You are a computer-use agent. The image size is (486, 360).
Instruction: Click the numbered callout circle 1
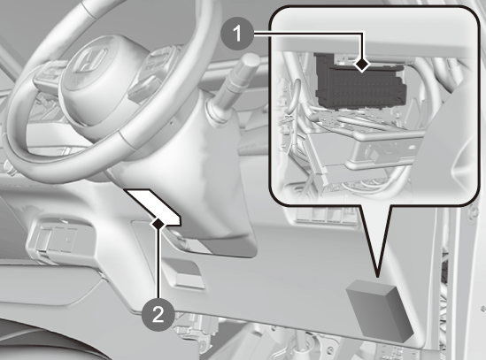point(237,34)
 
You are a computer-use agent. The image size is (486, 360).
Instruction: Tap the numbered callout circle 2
point(158,315)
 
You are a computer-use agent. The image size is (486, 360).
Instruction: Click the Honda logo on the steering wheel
point(90,59)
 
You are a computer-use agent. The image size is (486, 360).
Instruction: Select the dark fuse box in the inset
point(360,83)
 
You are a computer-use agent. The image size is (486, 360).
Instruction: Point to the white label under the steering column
point(152,206)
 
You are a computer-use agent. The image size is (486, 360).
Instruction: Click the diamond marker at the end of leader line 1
point(362,65)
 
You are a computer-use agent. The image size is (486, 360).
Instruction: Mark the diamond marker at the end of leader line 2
point(158,224)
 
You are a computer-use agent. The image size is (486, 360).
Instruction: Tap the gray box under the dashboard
point(380,310)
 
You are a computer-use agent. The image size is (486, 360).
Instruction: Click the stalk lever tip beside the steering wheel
point(250,61)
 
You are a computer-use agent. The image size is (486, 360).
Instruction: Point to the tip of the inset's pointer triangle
point(377,276)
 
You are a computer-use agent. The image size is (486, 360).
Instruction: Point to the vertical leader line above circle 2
point(158,264)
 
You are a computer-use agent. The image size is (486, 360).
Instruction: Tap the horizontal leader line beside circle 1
point(308,33)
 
